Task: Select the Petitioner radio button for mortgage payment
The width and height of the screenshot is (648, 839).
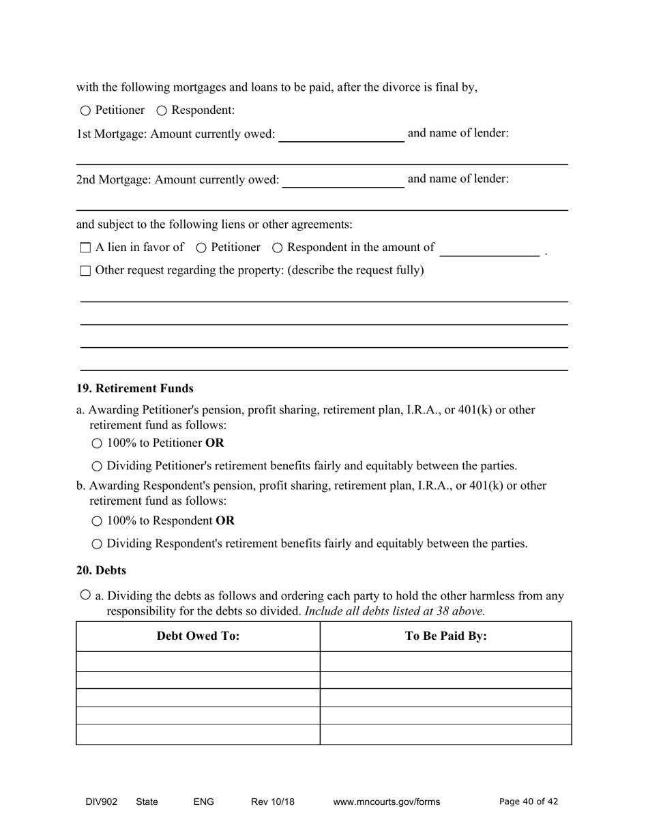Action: tap(85, 111)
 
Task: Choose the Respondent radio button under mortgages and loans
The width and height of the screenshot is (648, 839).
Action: tap(162, 111)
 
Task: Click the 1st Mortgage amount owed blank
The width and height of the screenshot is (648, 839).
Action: tap(341, 135)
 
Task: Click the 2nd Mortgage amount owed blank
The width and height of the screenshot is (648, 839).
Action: tap(343, 181)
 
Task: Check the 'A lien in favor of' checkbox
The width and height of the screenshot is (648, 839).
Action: tap(85, 248)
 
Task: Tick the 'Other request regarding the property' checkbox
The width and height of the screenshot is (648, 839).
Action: tap(85, 271)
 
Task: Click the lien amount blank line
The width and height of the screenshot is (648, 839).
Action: tap(490, 249)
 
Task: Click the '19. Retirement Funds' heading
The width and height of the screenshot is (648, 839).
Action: tap(134, 388)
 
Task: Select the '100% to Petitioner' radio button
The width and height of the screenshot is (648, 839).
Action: tap(97, 443)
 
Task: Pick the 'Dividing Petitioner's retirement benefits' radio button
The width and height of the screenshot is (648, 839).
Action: tap(97, 467)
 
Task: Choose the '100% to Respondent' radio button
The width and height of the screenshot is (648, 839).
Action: tap(97, 521)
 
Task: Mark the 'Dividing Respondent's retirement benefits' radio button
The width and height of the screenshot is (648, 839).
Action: tap(97, 544)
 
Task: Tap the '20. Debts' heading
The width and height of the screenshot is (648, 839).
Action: tap(101, 570)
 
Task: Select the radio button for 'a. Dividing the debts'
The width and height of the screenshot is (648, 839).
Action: tap(85, 595)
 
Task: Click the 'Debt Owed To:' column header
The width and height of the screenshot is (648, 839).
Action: tap(198, 636)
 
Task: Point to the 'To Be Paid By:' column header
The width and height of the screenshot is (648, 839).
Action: tap(445, 636)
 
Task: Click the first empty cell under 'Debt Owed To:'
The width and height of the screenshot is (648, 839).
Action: tap(198, 661)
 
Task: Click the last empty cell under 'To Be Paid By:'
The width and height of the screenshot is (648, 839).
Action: tap(445, 734)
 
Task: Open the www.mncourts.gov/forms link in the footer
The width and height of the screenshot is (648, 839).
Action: tap(386, 801)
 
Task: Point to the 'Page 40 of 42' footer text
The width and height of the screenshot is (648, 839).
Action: tap(529, 801)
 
